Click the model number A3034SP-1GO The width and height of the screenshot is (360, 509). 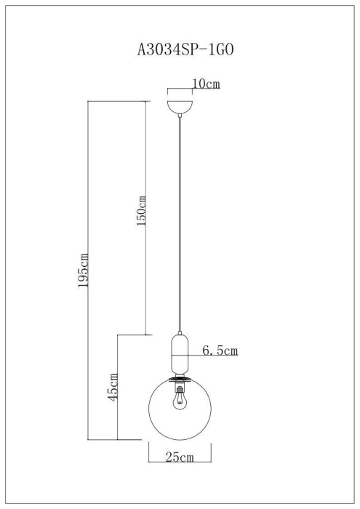(x=180, y=50)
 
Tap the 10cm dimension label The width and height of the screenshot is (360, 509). (x=206, y=84)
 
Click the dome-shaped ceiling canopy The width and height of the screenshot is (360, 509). (x=179, y=106)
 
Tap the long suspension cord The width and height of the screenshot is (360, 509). (x=179, y=218)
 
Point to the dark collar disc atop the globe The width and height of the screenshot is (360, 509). (x=179, y=379)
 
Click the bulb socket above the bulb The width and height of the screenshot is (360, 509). (x=179, y=387)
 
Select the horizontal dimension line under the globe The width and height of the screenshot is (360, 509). (x=179, y=463)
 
